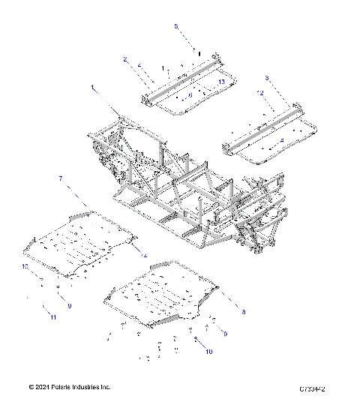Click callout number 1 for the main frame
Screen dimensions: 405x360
(x=94, y=88)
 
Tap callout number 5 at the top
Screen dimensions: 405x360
(x=177, y=27)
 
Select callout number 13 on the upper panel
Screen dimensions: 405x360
(x=221, y=81)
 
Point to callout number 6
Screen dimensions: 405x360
(x=190, y=95)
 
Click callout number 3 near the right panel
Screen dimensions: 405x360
(x=267, y=78)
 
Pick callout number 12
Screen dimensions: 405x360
(x=260, y=94)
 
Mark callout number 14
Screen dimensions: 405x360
(x=145, y=257)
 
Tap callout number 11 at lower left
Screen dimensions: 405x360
(x=53, y=318)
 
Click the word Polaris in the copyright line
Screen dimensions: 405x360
(x=69, y=387)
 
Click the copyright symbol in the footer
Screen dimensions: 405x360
(x=31, y=387)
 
